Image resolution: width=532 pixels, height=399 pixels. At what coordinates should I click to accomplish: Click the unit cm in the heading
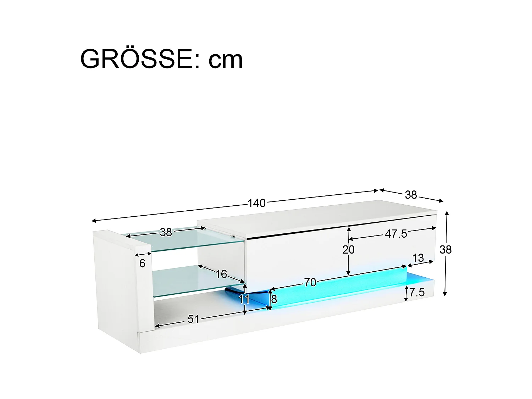point(226,59)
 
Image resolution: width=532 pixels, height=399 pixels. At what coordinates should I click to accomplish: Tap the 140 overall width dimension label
point(256,203)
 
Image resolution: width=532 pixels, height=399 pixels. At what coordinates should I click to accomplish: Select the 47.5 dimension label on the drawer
point(396,234)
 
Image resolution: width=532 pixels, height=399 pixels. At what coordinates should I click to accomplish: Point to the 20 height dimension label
point(348,250)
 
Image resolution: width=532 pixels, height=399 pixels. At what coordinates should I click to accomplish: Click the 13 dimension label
point(418,258)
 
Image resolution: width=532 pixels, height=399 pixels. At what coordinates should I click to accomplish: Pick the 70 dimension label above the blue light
point(310,282)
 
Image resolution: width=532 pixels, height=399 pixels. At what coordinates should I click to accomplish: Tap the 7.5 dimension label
point(417,293)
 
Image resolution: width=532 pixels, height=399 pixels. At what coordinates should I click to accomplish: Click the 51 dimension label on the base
point(193,319)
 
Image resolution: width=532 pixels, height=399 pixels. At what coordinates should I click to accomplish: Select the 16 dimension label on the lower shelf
point(221,274)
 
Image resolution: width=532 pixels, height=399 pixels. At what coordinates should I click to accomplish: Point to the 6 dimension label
point(142,264)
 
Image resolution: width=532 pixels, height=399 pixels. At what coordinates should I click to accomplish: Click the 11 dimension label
point(244,300)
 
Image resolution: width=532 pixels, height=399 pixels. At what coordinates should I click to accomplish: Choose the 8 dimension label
point(274,299)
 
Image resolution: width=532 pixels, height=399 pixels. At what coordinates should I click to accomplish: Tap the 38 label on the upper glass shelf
point(166,232)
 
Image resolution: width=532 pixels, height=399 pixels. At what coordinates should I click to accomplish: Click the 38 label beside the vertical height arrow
point(445,250)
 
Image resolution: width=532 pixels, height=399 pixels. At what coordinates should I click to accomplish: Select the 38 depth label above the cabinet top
point(411,195)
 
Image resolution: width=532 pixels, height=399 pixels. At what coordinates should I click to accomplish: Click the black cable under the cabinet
point(236,292)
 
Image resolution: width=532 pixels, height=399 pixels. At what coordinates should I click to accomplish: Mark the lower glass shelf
point(184,282)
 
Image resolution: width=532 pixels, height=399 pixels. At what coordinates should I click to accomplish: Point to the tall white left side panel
point(117,284)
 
